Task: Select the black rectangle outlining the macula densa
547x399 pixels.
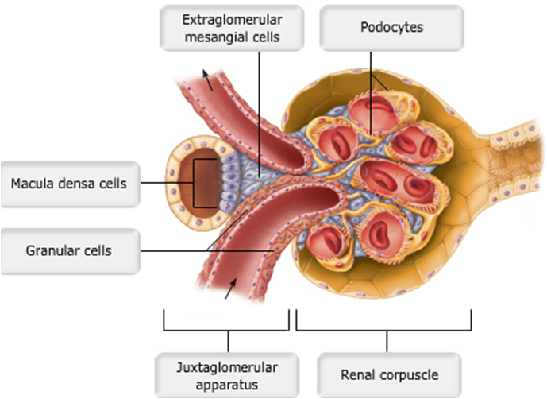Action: click(x=206, y=184)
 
